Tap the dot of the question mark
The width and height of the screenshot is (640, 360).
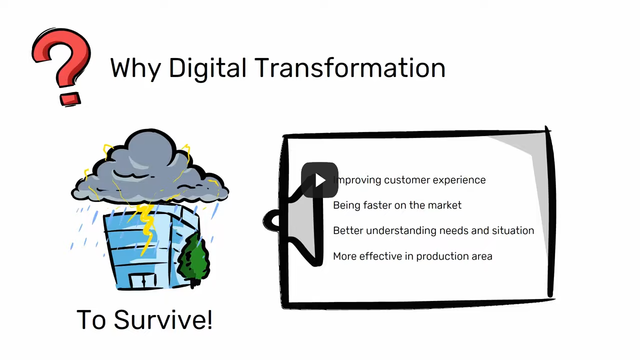pyautogui.click(x=70, y=98)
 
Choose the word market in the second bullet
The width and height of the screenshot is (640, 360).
pyautogui.click(x=445, y=205)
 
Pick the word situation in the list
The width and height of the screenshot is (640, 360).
pyautogui.click(x=513, y=231)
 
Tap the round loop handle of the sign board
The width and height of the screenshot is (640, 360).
pyautogui.click(x=273, y=221)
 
